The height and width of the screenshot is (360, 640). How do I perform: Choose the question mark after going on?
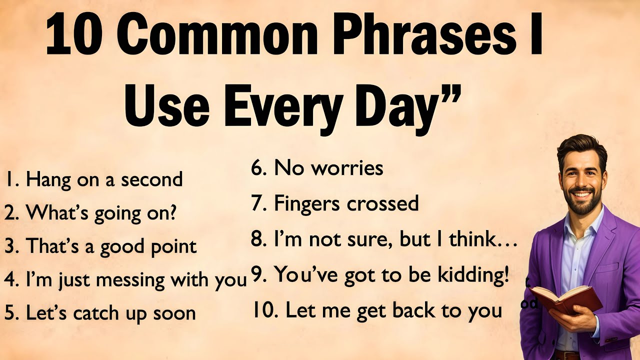(x=171, y=213)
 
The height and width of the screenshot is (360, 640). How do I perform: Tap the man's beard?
(x=582, y=204)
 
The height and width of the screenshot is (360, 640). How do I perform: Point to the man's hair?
(x=581, y=145)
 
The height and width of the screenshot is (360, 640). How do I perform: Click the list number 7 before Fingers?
(x=257, y=203)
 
